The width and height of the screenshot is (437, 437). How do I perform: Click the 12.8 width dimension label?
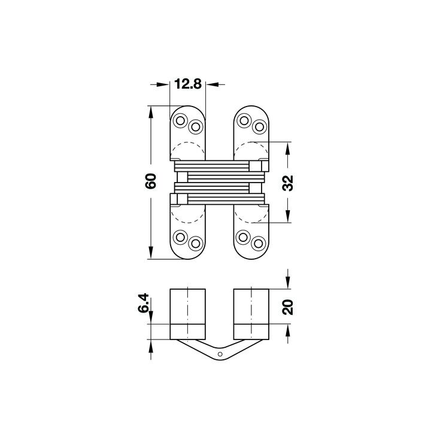[x=187, y=84]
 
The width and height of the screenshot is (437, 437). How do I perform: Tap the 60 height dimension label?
[x=151, y=181]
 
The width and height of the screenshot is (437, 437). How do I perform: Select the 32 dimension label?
[x=288, y=183]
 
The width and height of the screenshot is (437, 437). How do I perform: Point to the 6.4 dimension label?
[x=144, y=304]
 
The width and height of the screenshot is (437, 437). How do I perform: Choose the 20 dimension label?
[x=287, y=307]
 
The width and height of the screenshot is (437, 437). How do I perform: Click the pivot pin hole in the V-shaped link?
[x=220, y=354]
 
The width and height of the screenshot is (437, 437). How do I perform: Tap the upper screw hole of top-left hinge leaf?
[x=180, y=121]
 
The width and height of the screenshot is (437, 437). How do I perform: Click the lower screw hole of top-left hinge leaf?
[x=195, y=127]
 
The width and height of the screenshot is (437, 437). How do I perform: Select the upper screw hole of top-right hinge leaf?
[x=244, y=121]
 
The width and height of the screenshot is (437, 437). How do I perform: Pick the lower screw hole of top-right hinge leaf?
[x=259, y=127]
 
